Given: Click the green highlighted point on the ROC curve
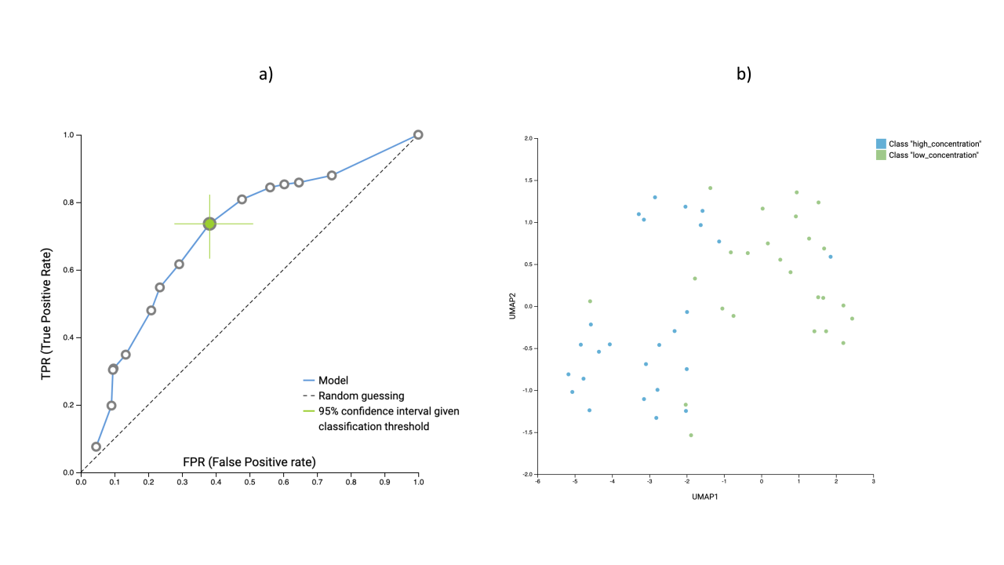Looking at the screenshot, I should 209,224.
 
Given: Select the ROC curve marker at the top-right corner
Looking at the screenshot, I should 418,135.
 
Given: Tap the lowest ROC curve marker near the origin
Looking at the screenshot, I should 96,447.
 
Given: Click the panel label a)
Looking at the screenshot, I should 266,75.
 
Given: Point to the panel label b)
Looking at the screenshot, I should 744,75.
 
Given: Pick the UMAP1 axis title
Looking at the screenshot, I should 705,496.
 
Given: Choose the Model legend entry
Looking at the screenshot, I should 333,381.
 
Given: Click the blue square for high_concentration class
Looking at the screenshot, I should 881,144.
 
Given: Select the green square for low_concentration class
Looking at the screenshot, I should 881,155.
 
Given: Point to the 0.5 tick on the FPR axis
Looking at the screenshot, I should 249,483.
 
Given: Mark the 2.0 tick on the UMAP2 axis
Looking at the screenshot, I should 527,138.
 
